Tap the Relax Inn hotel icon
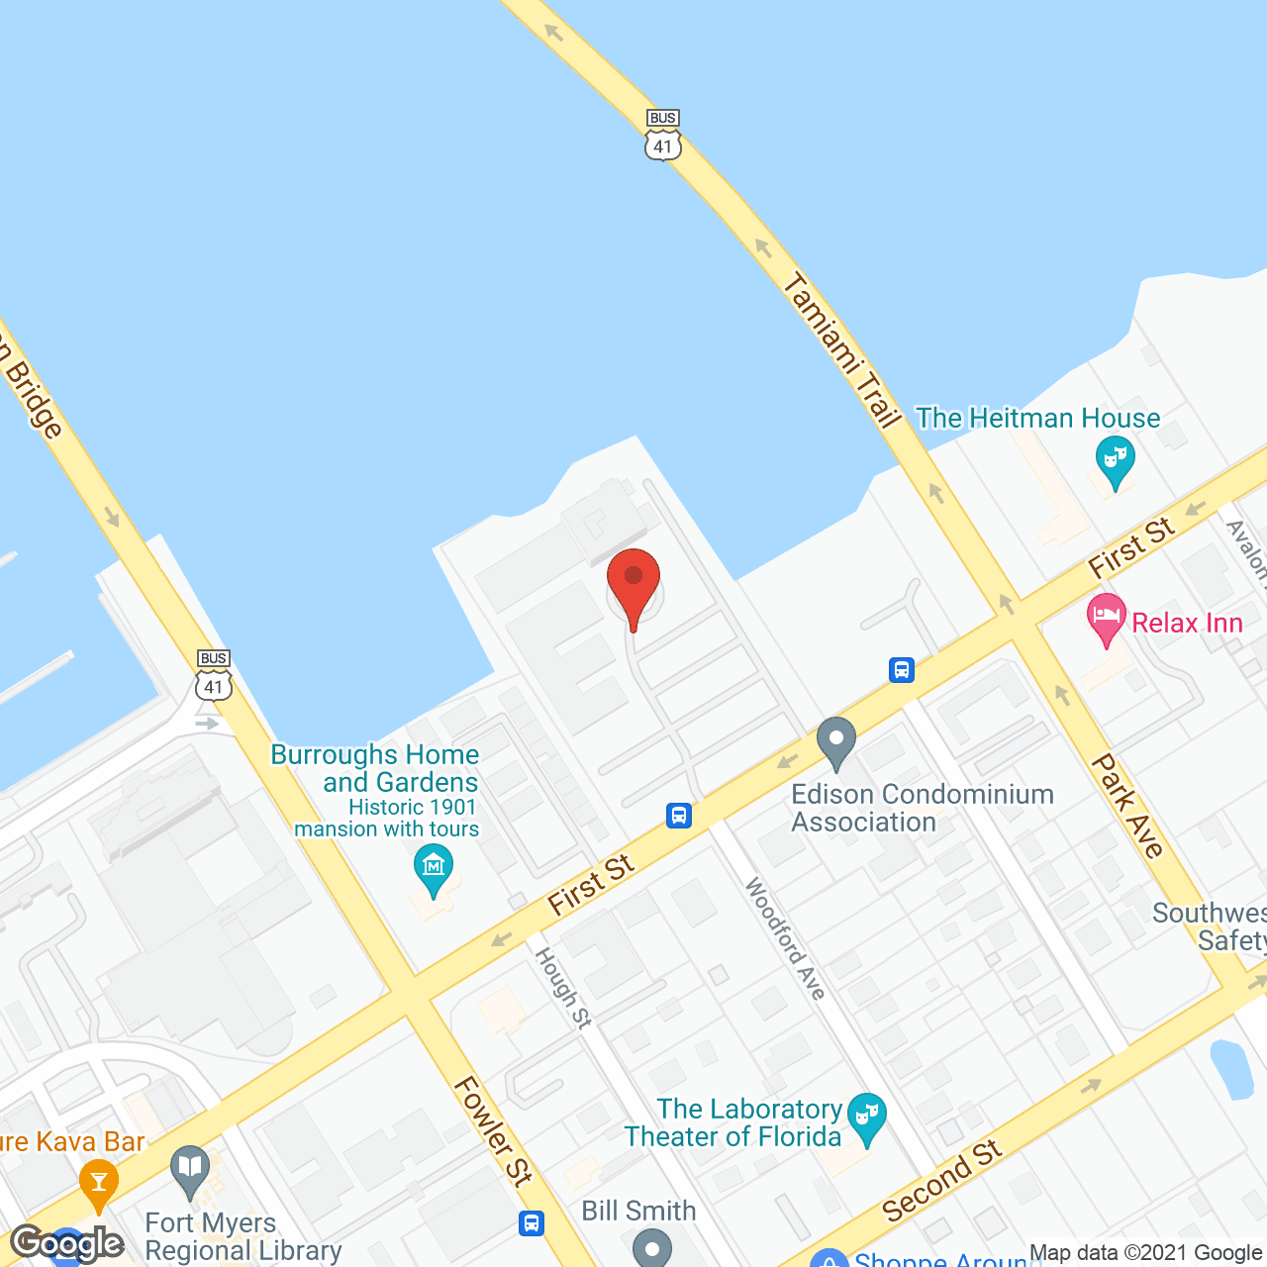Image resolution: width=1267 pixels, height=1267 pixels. (x=1106, y=619)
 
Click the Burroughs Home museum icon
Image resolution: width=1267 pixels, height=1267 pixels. (x=433, y=868)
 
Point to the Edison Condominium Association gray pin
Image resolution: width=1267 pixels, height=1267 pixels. (x=836, y=741)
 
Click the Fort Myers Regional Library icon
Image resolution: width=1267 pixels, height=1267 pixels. (x=189, y=1170)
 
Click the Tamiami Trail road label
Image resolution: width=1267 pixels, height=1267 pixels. (x=842, y=351)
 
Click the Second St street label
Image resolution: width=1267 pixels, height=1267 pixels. (x=941, y=1181)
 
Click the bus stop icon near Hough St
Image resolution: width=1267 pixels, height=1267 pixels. (x=679, y=816)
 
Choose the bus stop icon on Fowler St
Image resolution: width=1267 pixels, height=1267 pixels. (x=532, y=1222)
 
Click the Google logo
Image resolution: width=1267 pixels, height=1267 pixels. (x=67, y=1243)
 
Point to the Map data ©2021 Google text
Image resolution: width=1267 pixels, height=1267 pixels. (x=1146, y=1253)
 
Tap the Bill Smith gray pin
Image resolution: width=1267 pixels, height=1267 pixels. (x=651, y=1247)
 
